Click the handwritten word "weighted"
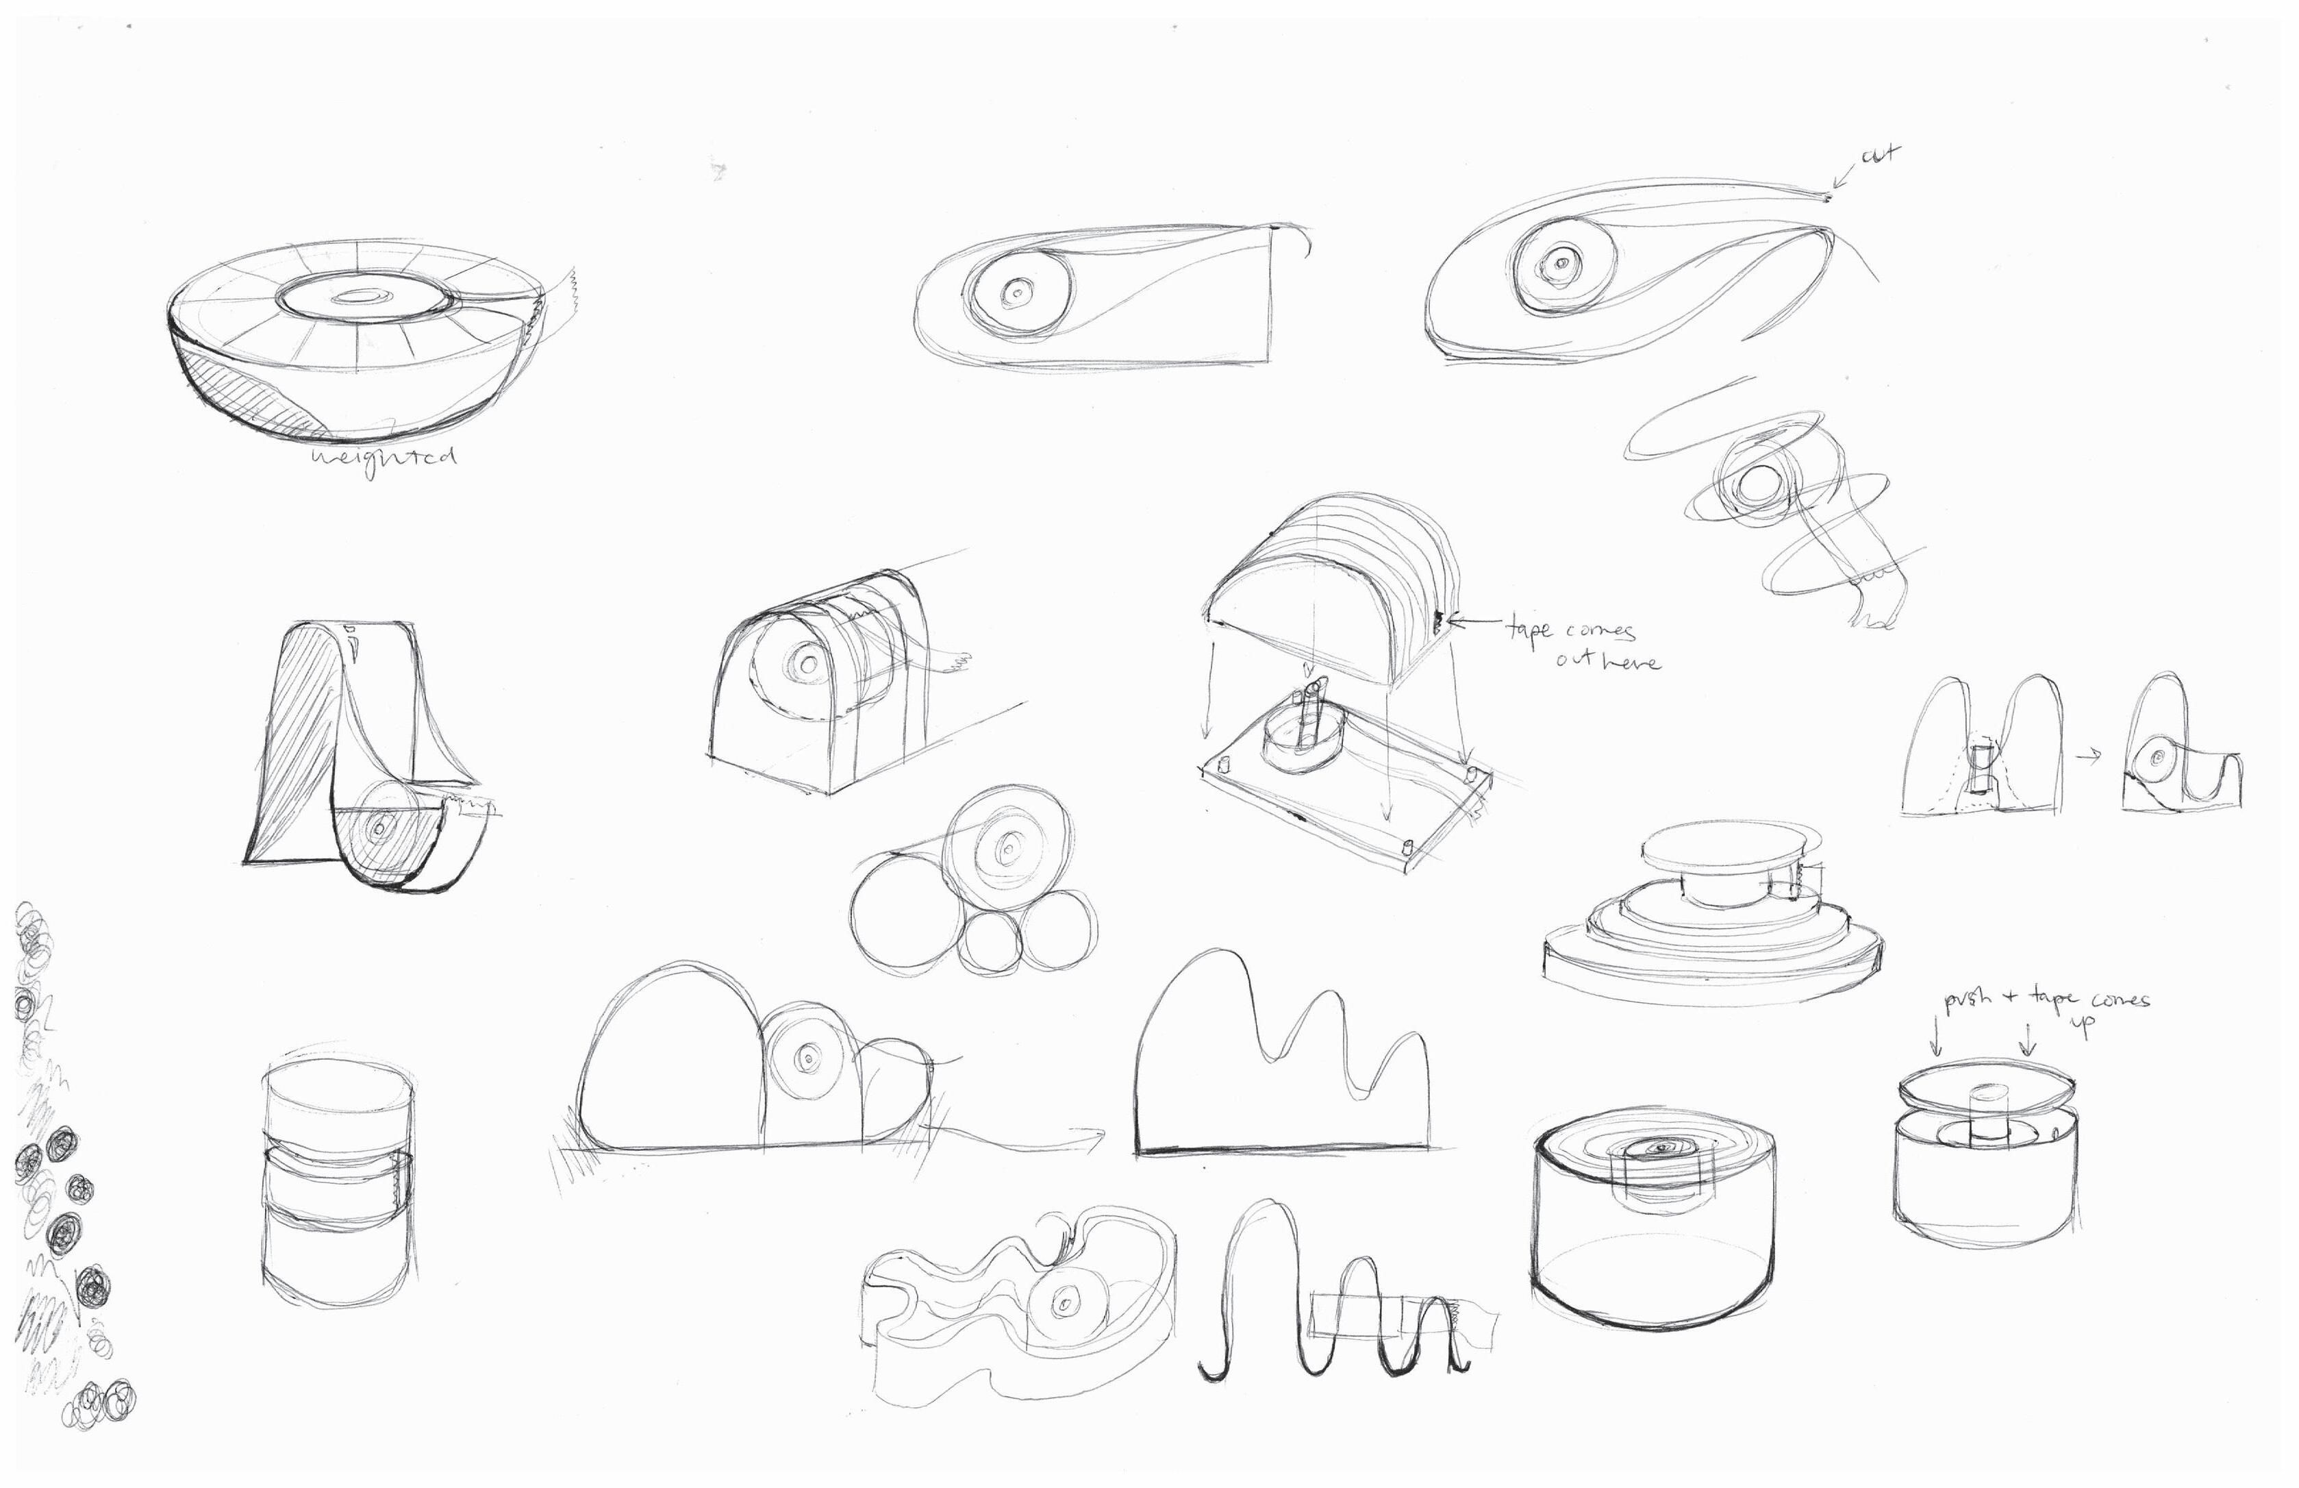point(384,456)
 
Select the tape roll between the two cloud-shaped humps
point(807,1058)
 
